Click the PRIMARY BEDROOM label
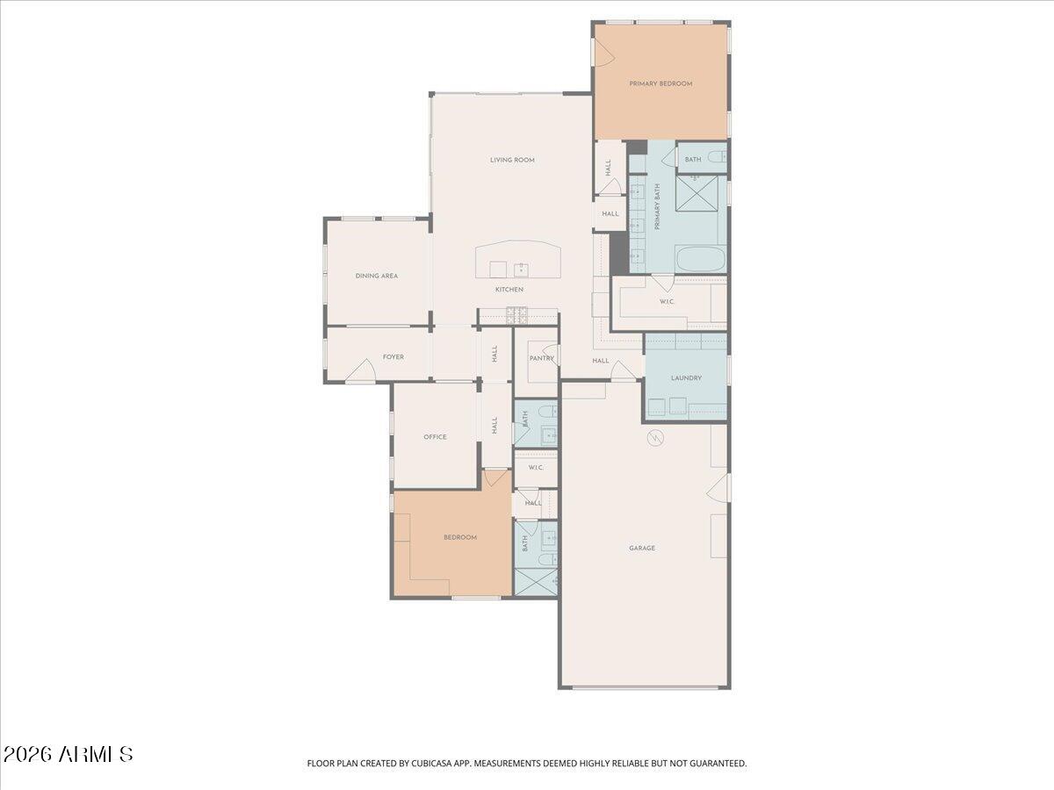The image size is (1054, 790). [x=661, y=83]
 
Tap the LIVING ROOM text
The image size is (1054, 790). [x=512, y=160]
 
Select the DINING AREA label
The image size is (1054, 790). [x=376, y=276]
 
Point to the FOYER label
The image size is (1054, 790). [x=393, y=357]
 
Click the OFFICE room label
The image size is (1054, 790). [x=435, y=437]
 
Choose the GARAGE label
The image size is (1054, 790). [x=641, y=548]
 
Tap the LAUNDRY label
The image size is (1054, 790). [x=686, y=378]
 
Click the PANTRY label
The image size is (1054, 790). [x=541, y=358]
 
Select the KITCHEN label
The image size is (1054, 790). [x=509, y=290]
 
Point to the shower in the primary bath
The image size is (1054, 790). [x=700, y=193]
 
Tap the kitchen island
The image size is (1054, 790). [x=518, y=261]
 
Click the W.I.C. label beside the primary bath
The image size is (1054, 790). [x=667, y=302]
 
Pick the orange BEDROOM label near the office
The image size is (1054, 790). [x=459, y=537]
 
